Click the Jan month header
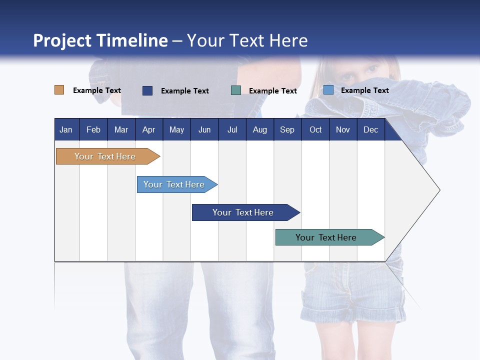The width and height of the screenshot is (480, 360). (x=66, y=129)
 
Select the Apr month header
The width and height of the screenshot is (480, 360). (x=148, y=129)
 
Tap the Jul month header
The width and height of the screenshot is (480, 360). (x=232, y=129)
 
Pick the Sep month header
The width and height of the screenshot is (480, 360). (x=287, y=129)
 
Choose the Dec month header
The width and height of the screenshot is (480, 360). (x=370, y=129)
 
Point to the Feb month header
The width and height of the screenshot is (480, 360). (x=93, y=129)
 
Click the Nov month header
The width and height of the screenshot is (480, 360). (x=342, y=129)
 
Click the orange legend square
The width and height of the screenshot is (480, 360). (x=59, y=90)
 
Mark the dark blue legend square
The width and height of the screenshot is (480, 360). (x=147, y=90)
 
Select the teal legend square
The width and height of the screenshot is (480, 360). (x=236, y=90)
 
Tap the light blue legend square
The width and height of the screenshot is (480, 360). (x=328, y=90)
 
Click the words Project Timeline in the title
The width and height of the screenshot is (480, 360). (x=100, y=40)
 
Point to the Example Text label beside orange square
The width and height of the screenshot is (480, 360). (x=97, y=90)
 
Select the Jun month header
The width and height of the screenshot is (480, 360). (x=204, y=129)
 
